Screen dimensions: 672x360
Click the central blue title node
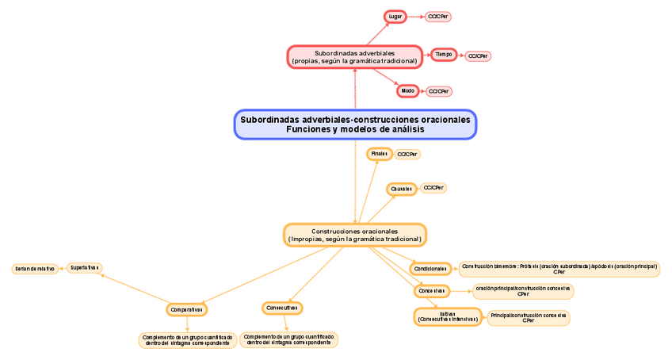tap(355, 124)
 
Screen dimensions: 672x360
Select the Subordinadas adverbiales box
tap(354, 57)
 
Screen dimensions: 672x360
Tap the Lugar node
tap(395, 17)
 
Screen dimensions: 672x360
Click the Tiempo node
tap(443, 55)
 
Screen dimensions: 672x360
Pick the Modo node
tap(407, 91)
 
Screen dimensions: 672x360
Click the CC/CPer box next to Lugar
tap(438, 17)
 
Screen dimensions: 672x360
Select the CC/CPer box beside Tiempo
tap(478, 56)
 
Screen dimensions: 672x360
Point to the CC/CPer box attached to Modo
tap(439, 91)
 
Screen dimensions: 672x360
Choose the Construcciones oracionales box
tap(354, 235)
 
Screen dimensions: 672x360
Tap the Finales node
tap(379, 154)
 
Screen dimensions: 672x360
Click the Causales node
tap(401, 189)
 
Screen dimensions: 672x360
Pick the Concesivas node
tap(432, 291)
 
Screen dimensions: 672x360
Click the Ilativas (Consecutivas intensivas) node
tap(448, 316)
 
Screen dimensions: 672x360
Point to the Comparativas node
tap(187, 309)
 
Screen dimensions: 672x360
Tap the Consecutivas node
tap(282, 308)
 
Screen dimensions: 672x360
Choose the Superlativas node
tap(84, 268)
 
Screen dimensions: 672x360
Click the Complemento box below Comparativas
tap(188, 340)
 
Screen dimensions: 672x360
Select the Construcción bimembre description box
tap(559, 269)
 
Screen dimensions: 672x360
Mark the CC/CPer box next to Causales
tap(433, 188)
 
